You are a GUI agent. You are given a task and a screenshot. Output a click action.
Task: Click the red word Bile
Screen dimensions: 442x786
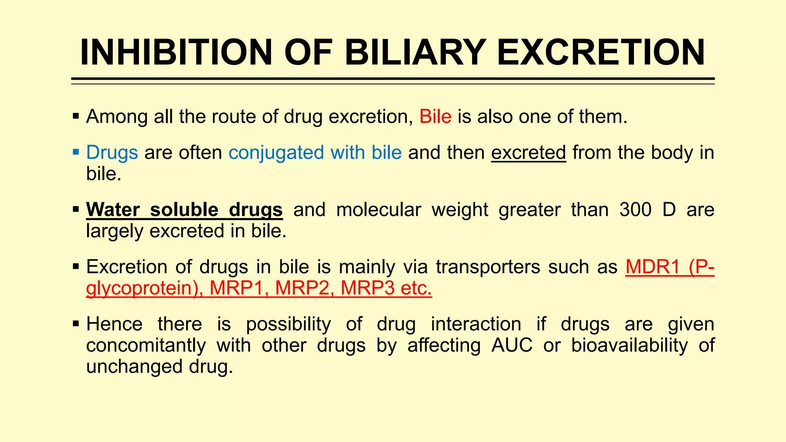435,116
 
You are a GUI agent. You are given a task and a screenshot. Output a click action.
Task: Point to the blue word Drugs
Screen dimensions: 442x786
112,153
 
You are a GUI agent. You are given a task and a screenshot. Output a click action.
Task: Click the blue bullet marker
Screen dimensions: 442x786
76,152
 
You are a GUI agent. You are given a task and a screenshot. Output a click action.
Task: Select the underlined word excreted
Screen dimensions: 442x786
528,153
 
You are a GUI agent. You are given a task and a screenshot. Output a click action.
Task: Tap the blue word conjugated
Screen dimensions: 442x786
276,153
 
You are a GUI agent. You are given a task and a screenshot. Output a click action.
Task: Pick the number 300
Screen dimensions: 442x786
635,209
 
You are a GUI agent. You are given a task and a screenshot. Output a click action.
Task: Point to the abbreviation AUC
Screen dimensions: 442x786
512,345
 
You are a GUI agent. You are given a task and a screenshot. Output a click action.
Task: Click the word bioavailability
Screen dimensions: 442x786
629,345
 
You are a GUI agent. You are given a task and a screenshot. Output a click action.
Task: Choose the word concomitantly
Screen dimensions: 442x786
146,345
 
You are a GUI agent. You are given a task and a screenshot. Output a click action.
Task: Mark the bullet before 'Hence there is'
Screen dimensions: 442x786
76,324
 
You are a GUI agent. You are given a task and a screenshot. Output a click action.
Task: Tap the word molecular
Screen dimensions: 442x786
378,209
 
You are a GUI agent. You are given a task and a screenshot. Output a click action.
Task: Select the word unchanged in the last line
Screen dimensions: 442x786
134,366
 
